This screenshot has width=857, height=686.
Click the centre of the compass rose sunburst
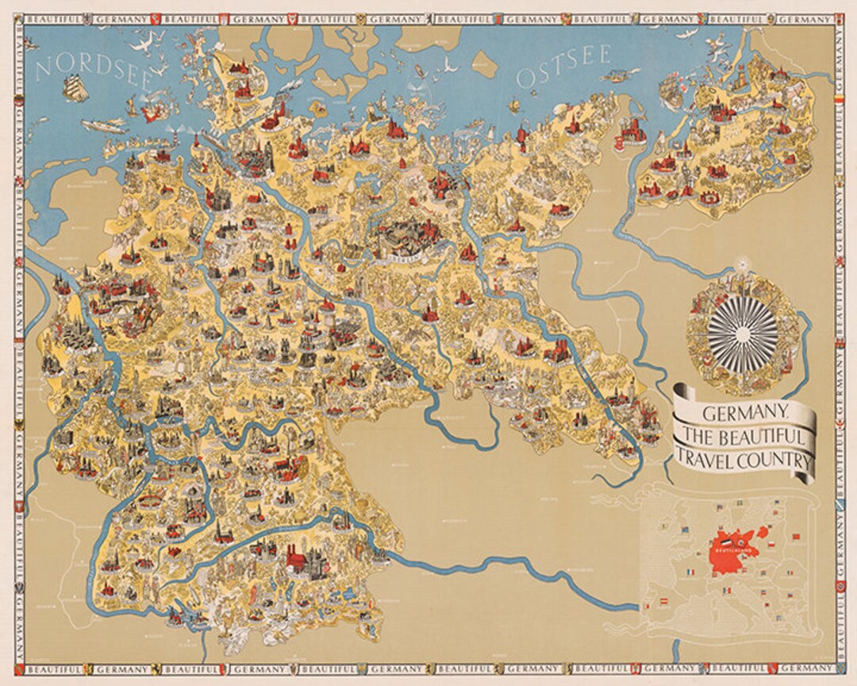[743, 327]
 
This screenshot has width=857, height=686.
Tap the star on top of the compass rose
[743, 262]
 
